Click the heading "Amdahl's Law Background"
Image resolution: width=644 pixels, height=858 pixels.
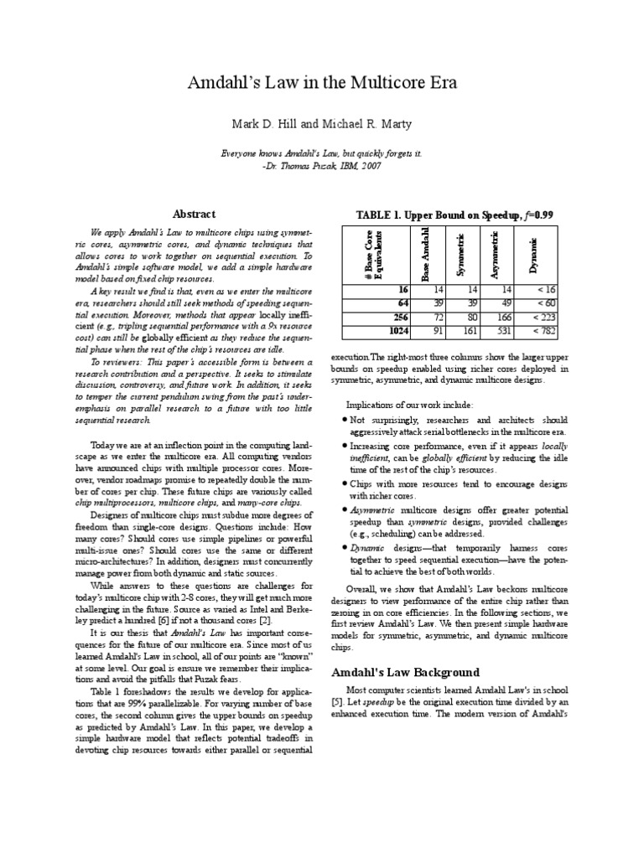[405, 673]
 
